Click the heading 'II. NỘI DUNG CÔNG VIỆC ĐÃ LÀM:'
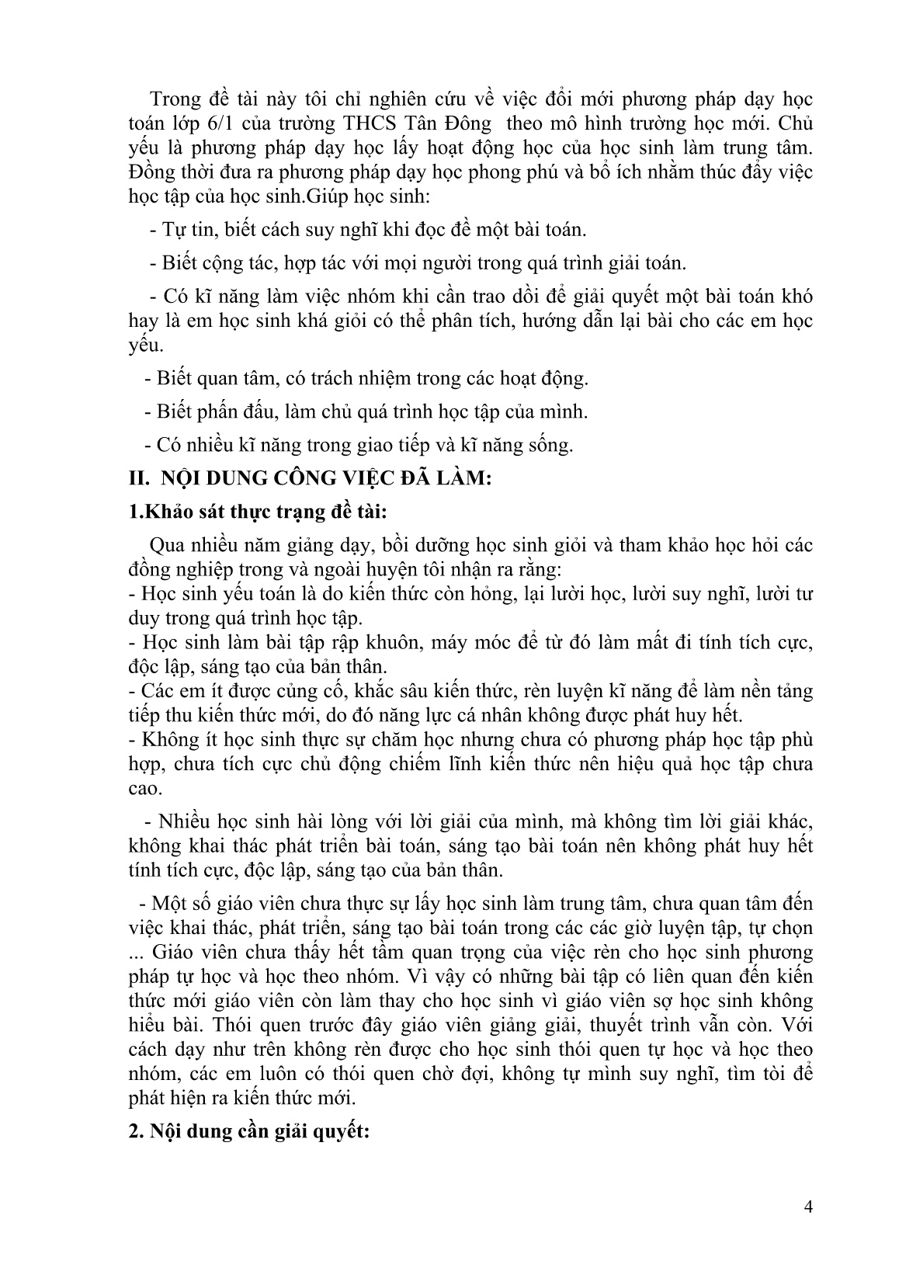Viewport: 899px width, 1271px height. (311, 480)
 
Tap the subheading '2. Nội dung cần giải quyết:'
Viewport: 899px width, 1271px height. (252, 1131)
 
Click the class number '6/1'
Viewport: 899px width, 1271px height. (225, 123)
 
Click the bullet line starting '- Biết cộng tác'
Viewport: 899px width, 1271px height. (417, 263)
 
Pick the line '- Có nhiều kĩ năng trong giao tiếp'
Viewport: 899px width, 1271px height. (359, 446)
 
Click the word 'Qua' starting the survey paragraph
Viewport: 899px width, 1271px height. (165, 546)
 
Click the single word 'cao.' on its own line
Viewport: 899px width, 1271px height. (145, 789)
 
